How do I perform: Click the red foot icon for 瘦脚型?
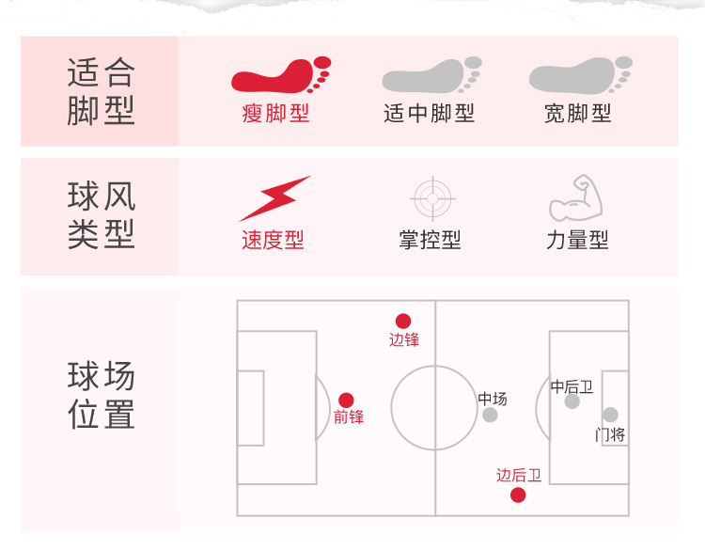coord(280,75)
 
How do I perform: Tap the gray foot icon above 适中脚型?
coord(431,75)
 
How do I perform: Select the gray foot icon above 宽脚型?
coord(579,75)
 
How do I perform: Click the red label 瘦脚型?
coord(275,114)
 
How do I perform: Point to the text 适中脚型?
coord(430,114)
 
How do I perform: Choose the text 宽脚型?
coord(578,114)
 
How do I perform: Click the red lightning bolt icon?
coord(274,197)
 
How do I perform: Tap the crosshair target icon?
coord(432,198)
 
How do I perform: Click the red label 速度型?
coord(273,240)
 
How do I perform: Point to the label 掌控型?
coord(430,240)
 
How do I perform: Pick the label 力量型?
coord(577,240)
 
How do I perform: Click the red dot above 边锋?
coord(403,321)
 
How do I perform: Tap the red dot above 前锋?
coord(346,400)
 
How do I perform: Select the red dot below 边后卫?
coord(518,495)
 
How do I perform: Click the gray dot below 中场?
coord(490,415)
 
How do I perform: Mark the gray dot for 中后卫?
coord(572,401)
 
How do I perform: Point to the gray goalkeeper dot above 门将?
coord(610,415)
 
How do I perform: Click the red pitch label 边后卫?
coord(519,475)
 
